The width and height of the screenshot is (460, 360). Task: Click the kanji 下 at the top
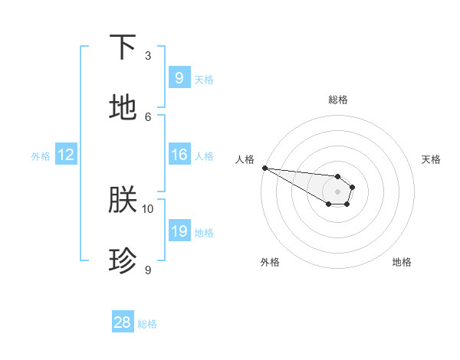tap(123, 47)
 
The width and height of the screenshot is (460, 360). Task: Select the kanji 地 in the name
tap(123, 108)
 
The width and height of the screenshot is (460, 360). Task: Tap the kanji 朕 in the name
tap(123, 201)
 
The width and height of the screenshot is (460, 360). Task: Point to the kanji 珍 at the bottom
tap(123, 261)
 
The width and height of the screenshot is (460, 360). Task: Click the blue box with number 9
tap(179, 77)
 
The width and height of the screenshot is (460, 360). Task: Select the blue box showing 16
tap(179, 155)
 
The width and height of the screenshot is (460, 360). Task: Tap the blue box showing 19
tap(179, 231)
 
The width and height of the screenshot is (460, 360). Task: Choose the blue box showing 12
tap(65, 155)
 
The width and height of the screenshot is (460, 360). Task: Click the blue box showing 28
tap(123, 322)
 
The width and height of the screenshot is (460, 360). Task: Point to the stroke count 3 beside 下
tap(148, 56)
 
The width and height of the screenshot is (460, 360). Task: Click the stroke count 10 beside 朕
tap(148, 208)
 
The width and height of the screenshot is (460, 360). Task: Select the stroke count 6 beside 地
tap(148, 116)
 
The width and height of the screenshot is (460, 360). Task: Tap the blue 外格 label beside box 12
tap(41, 156)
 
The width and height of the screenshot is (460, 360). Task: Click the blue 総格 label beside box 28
tap(147, 324)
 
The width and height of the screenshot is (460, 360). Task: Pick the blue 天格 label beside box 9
tap(203, 79)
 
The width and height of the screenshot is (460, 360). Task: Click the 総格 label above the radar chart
tap(337, 100)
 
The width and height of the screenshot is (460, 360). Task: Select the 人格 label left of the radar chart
tap(245, 159)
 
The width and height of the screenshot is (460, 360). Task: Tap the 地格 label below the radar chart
tap(402, 262)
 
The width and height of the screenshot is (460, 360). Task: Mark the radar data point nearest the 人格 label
tap(264, 168)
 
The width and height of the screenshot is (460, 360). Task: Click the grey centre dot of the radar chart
tap(337, 191)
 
